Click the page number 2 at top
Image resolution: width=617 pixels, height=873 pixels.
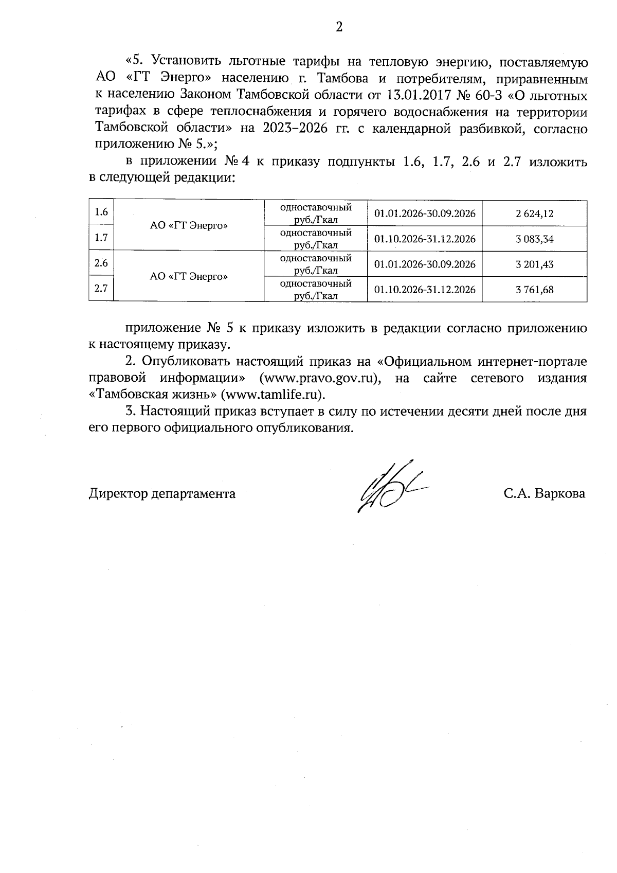tap(339, 27)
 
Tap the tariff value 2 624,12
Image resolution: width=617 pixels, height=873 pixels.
tap(534, 213)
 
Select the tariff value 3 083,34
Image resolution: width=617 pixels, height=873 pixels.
tap(534, 239)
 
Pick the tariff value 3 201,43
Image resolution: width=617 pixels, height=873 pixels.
tap(534, 264)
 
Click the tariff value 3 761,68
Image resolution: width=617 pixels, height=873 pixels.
tap(534, 290)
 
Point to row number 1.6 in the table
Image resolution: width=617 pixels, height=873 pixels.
tap(101, 212)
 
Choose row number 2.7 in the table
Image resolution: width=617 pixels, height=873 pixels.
tap(101, 289)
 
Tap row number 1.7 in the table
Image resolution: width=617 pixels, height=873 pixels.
tap(101, 237)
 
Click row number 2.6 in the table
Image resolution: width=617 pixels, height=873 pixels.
tap(101, 263)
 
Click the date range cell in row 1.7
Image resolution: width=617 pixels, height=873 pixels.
tap(425, 239)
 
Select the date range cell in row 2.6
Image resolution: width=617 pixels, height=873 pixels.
tap(425, 264)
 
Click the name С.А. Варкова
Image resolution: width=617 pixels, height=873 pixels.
tap(545, 494)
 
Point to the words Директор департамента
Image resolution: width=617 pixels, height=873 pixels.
tap(162, 494)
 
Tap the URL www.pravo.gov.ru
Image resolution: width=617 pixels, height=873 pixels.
tap(321, 378)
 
